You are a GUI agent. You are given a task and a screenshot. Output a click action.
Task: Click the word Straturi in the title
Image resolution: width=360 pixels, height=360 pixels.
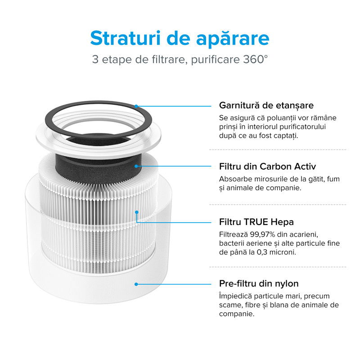click(126, 38)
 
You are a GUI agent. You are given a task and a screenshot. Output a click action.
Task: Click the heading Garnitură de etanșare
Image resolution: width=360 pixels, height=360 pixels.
click(266, 105)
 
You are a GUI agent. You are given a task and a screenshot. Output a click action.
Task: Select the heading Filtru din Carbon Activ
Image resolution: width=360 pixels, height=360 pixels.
click(267, 166)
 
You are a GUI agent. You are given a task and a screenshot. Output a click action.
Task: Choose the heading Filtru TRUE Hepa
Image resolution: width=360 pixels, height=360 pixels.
click(256, 222)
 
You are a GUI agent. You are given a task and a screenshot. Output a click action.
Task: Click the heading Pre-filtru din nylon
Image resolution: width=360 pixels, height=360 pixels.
click(259, 283)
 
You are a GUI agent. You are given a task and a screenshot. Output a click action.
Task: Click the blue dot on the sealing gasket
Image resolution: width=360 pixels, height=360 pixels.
click(136, 106)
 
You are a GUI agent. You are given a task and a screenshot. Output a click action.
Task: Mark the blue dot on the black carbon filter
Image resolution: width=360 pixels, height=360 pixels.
click(136, 166)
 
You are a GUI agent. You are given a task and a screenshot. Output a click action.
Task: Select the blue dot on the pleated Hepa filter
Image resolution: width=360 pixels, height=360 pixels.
click(137, 212)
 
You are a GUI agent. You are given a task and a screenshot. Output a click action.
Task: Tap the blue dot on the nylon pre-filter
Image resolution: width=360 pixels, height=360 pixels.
click(136, 284)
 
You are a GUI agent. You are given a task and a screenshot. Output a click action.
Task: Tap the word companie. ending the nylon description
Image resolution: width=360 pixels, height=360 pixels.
click(237, 314)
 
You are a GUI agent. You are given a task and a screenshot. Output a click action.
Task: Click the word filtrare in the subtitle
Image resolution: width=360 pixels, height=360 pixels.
click(168, 59)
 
